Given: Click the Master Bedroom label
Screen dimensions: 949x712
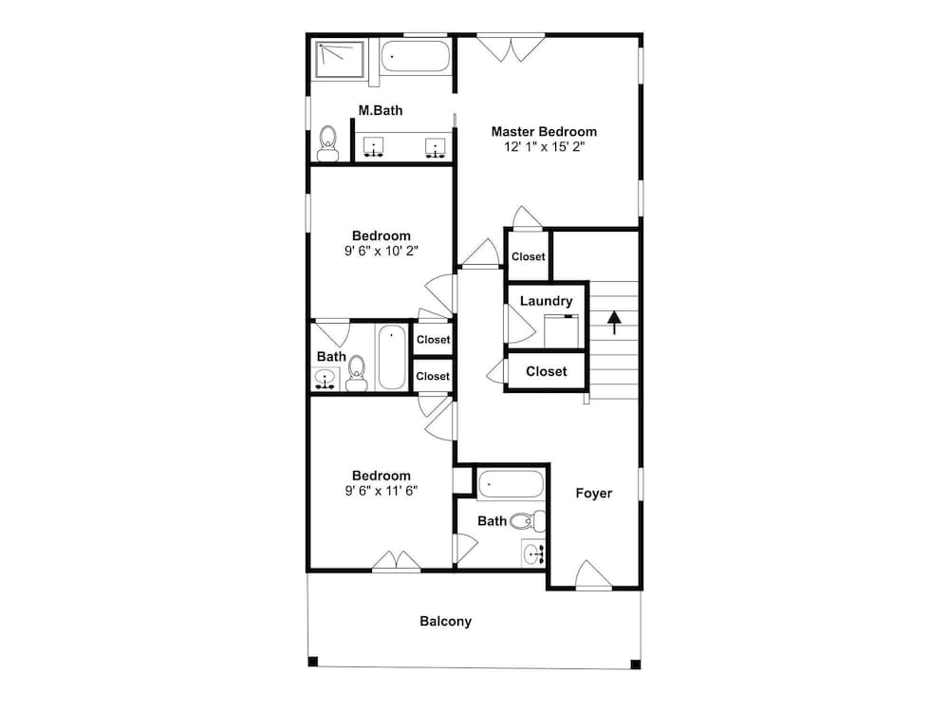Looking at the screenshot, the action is (x=544, y=131).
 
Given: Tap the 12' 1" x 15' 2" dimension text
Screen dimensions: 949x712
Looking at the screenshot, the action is (x=544, y=146).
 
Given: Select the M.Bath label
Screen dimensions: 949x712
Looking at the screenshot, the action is (x=381, y=110).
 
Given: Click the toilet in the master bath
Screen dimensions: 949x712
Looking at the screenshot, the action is (x=328, y=143).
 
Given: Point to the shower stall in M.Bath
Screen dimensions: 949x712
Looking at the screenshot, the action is (x=340, y=59).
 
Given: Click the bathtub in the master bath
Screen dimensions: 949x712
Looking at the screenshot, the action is (x=416, y=56).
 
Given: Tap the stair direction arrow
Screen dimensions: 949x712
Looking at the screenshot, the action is (x=614, y=323).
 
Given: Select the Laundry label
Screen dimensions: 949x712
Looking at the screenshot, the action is (x=546, y=301).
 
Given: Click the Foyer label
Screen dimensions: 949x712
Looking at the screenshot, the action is (x=594, y=494).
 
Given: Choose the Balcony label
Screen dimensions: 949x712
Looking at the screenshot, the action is (x=445, y=621).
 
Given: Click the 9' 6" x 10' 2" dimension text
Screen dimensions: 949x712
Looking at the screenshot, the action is (x=381, y=251).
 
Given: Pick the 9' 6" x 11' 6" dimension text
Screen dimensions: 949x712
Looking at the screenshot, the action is (x=381, y=491).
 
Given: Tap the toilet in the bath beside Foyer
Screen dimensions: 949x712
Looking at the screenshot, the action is (x=528, y=520).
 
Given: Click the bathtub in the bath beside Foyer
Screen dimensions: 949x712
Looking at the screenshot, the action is (x=511, y=484).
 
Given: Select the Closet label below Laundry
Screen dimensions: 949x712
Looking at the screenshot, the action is (x=546, y=371).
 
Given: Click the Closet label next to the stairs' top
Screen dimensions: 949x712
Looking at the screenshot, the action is (x=529, y=256).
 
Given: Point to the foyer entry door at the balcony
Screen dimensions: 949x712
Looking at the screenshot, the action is (x=593, y=575).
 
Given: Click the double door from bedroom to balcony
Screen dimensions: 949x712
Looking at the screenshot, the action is (x=397, y=561).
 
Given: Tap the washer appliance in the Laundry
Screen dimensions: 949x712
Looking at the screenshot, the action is (x=561, y=331).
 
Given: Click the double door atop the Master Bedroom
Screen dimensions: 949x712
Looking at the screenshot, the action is (x=511, y=47).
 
